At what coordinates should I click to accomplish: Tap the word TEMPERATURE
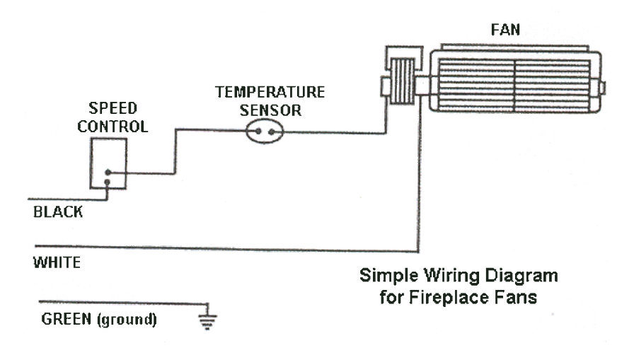tap(270, 93)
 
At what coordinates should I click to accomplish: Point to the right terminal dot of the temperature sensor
tap(271, 132)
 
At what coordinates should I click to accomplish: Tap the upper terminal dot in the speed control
tap(108, 173)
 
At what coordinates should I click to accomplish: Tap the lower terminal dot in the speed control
tap(108, 182)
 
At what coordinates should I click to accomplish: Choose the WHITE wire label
tap(57, 263)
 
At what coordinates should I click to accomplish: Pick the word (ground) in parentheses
tap(125, 318)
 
